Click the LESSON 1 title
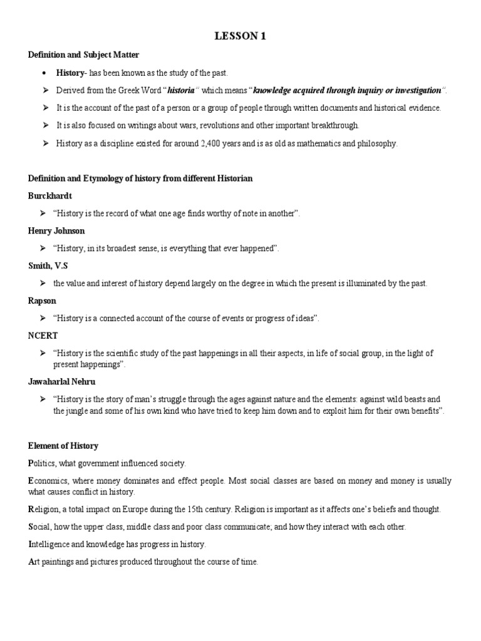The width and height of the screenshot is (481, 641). pyautogui.click(x=240, y=36)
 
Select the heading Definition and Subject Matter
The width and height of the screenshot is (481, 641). pyautogui.click(x=83, y=55)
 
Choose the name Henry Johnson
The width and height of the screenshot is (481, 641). pyautogui.click(x=56, y=231)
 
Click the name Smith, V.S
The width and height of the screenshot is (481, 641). pyautogui.click(x=47, y=266)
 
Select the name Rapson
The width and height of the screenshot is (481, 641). pyautogui.click(x=42, y=301)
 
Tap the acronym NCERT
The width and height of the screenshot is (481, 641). pyautogui.click(x=43, y=336)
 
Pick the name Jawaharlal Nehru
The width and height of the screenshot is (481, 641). pyautogui.click(x=61, y=381)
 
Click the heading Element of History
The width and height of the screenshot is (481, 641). pyautogui.click(x=63, y=446)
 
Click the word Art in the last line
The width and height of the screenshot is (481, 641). pyautogui.click(x=34, y=562)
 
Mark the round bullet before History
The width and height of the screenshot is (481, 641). pyautogui.click(x=46, y=73)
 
